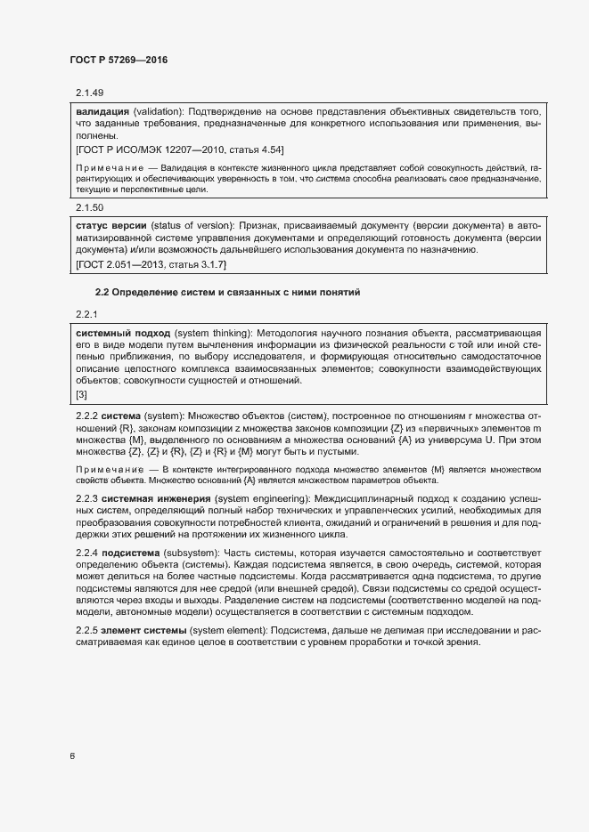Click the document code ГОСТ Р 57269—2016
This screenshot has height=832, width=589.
click(119, 60)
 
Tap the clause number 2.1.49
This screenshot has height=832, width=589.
click(89, 93)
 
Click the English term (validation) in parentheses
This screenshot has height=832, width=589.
click(158, 112)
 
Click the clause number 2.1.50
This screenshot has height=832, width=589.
click(89, 206)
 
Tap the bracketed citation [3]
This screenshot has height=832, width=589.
click(81, 394)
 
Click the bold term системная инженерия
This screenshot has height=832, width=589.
click(156, 498)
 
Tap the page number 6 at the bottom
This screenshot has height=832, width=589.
click(72, 756)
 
